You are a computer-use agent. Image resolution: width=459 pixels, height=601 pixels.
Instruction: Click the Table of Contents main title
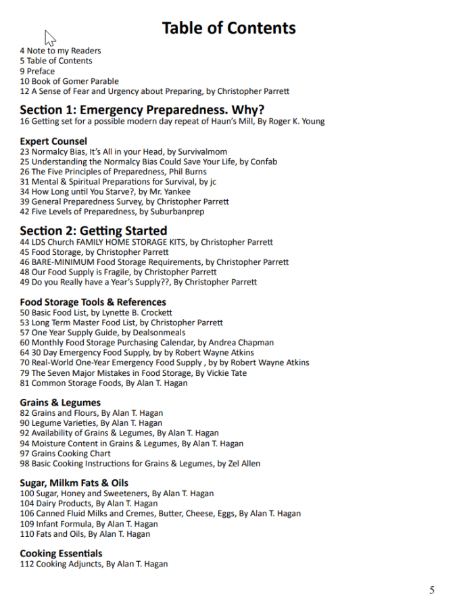[x=228, y=28]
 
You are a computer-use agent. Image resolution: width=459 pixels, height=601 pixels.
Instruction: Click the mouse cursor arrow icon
[x=49, y=38]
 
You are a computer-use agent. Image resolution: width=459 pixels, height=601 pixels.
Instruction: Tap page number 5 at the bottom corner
[x=432, y=590]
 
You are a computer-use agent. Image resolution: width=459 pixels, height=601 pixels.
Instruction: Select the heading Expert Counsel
[x=53, y=141]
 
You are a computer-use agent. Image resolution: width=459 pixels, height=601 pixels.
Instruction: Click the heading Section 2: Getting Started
[x=93, y=231]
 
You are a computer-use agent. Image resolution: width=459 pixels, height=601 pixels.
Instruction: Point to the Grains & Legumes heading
[x=60, y=402]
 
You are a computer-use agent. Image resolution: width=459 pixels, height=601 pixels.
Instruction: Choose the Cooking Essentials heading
[x=62, y=553]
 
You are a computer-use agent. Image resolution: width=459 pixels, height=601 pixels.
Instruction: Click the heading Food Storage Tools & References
[x=93, y=302]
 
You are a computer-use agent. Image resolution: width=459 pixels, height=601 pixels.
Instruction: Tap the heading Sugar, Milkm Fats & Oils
[x=74, y=483]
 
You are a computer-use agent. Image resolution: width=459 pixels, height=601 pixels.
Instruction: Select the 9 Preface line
[x=37, y=71]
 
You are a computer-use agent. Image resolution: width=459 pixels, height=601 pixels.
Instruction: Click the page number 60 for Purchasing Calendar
[x=25, y=343]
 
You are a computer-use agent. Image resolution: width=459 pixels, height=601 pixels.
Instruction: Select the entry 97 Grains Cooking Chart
[x=65, y=453]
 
